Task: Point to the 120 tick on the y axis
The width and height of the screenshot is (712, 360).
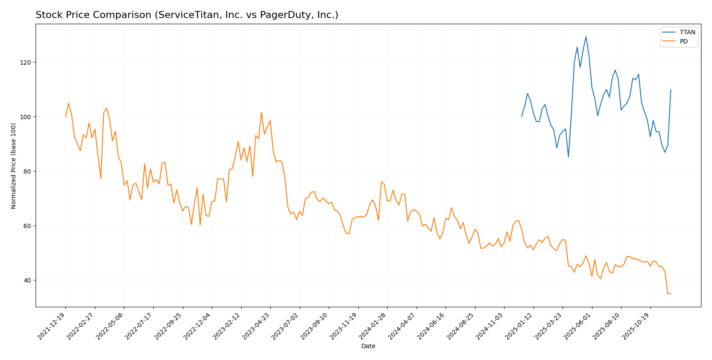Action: (27, 62)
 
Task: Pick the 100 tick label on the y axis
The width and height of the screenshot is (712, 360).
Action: (27, 117)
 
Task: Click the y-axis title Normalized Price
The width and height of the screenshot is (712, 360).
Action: (14, 166)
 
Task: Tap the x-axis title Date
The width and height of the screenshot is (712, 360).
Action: (368, 346)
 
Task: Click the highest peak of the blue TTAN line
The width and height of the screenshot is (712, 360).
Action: (586, 37)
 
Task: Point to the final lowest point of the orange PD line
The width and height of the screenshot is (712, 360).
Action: (668, 294)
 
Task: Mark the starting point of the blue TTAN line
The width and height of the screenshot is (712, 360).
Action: (522, 116)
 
